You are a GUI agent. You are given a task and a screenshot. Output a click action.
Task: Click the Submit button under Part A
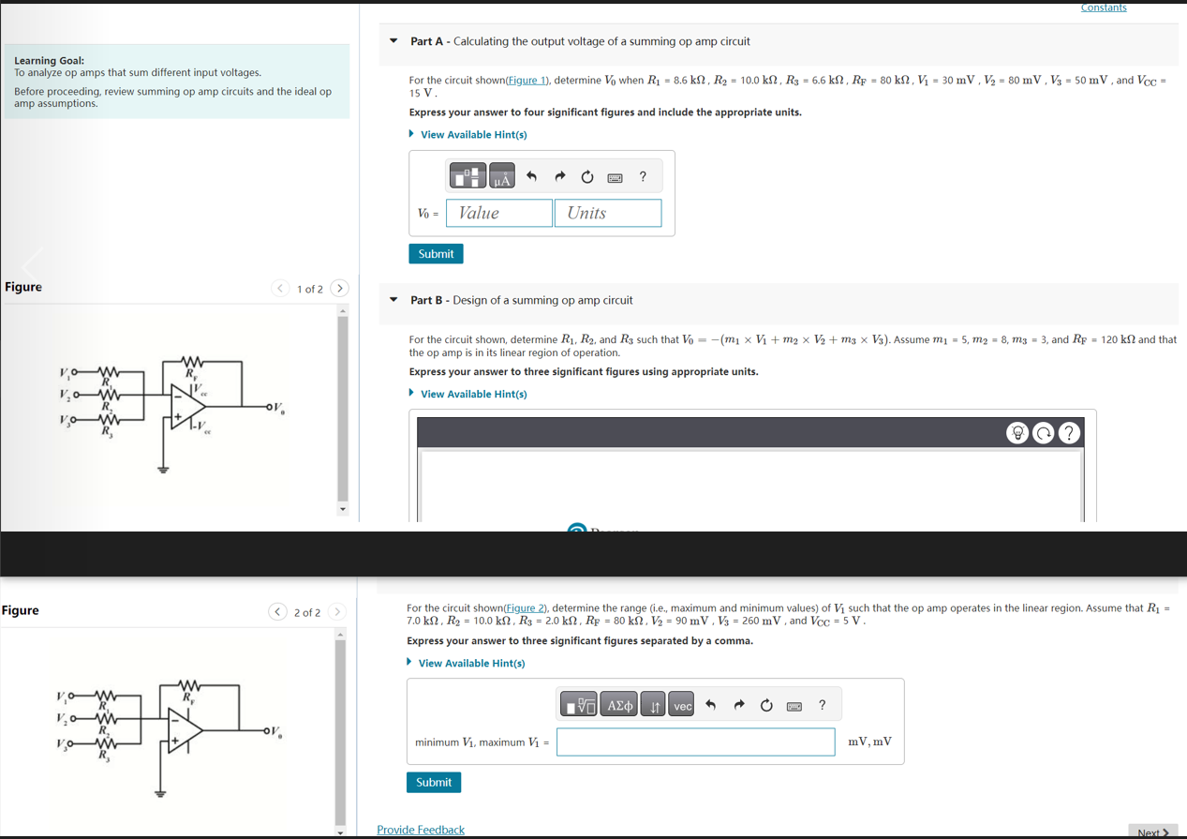[436, 254]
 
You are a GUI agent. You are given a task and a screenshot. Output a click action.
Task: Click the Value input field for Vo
[499, 213]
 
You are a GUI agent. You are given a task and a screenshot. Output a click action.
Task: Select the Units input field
[607, 213]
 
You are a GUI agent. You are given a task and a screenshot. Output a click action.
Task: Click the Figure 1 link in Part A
[528, 81]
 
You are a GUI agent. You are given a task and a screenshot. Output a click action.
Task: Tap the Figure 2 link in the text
[526, 608]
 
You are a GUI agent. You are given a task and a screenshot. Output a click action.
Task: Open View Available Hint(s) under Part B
[473, 394]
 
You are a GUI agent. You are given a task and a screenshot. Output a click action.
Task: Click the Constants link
[1103, 7]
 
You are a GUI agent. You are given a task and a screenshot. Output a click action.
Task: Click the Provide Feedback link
[420, 830]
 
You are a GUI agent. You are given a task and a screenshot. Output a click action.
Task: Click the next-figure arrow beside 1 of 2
[340, 289]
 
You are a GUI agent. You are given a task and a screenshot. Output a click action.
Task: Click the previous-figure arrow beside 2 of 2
[277, 612]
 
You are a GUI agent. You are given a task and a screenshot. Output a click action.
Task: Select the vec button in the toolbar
[682, 705]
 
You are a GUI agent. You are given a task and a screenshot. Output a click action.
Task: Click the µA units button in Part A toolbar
[502, 176]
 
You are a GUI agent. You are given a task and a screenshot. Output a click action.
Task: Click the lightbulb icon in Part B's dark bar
[1016, 432]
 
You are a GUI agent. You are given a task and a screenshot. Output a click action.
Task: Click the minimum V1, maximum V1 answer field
[695, 742]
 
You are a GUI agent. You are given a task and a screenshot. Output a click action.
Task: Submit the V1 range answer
[433, 782]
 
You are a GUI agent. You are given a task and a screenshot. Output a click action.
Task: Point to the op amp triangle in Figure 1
[188, 406]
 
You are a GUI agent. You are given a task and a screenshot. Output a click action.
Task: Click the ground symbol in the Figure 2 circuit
[160, 792]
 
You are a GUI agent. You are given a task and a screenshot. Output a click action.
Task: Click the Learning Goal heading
[49, 60]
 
